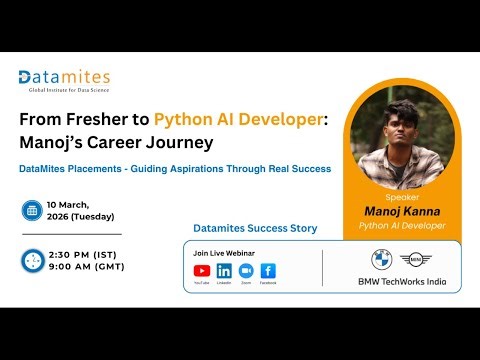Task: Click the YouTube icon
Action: [x=202, y=270]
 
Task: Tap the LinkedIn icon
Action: [x=224, y=270]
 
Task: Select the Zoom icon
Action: [x=246, y=270]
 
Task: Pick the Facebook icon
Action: [x=268, y=270]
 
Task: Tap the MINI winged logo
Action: [x=412, y=260]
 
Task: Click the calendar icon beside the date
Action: [x=32, y=211]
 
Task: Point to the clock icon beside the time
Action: [x=32, y=260]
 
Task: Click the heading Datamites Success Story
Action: [x=254, y=228]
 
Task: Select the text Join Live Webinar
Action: [x=222, y=253]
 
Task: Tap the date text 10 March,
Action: [x=85, y=204]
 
